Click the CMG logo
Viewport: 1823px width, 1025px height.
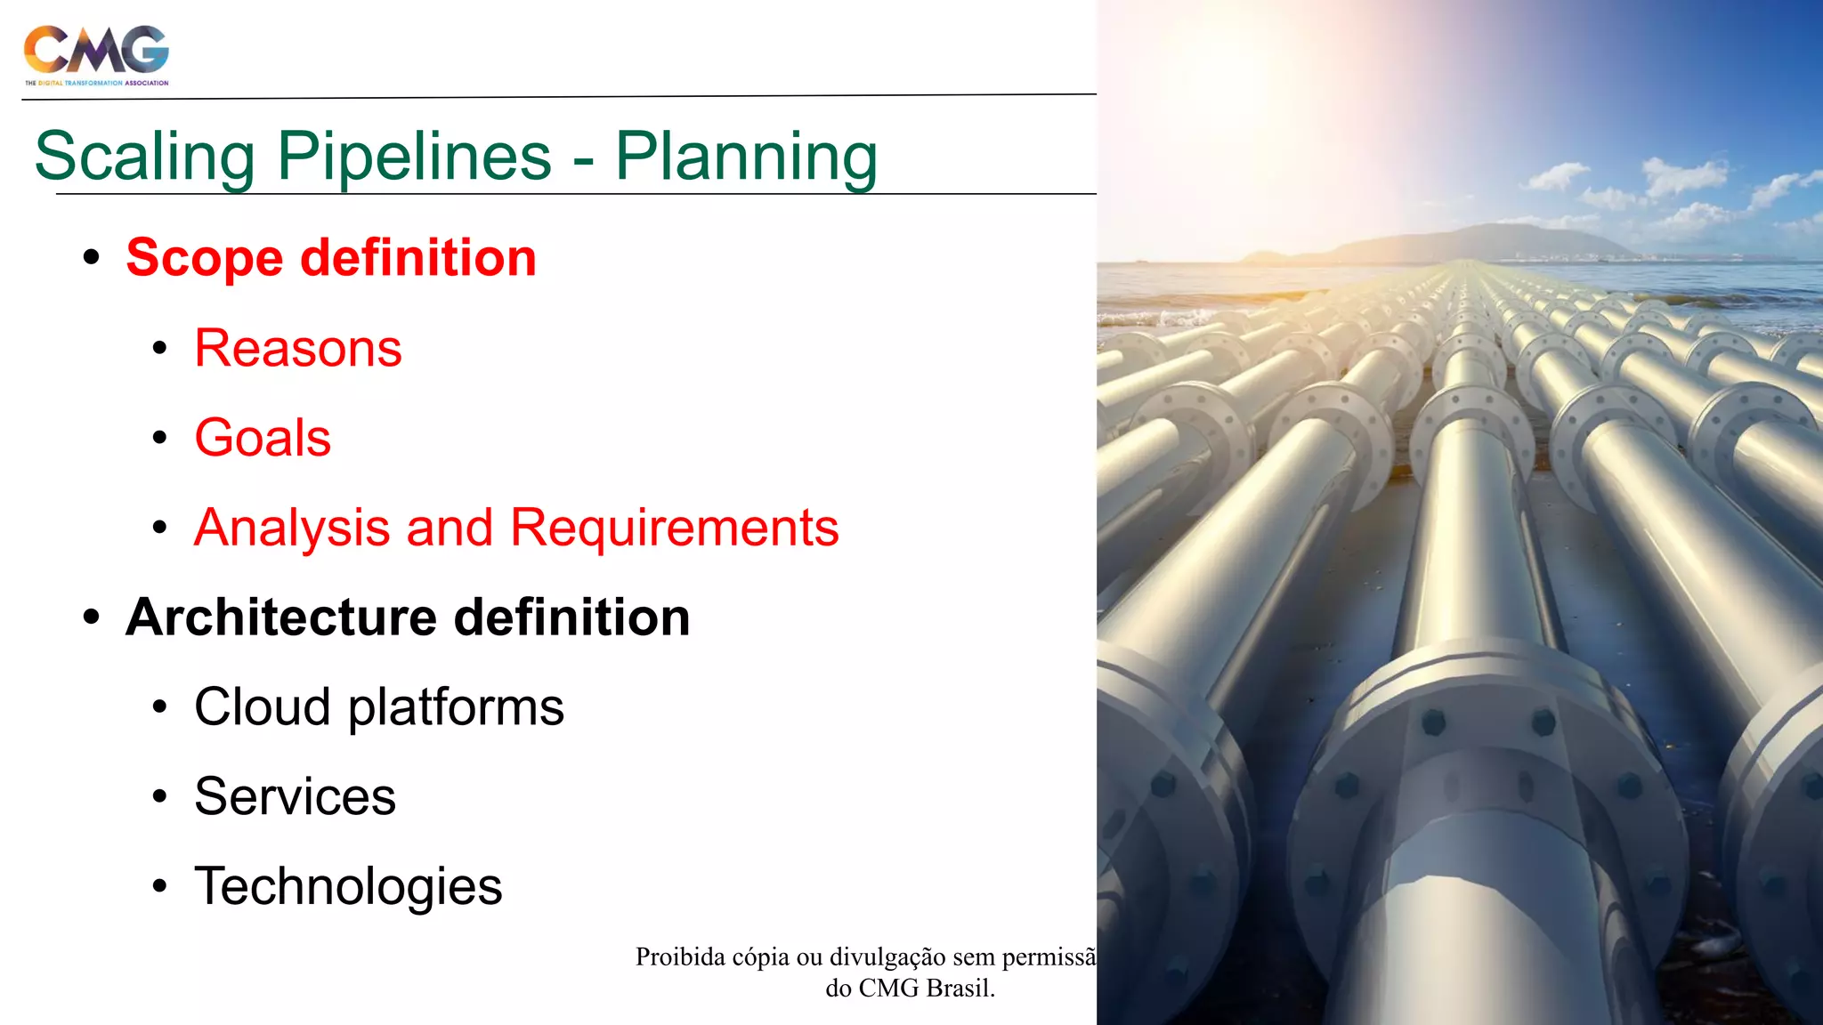96,53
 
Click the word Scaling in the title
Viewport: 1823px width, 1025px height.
145,157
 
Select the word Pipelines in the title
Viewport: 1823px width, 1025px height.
414,157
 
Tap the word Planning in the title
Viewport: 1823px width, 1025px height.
746,157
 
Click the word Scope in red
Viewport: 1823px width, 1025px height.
205,259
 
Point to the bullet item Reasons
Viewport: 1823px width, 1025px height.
298,348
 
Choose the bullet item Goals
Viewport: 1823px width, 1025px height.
263,438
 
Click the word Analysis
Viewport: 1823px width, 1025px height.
292,528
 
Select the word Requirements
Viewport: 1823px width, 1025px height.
674,528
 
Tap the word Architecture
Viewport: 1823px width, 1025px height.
281,617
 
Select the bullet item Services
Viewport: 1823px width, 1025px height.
295,796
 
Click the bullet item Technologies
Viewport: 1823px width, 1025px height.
348,887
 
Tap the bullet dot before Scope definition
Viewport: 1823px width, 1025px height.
91,258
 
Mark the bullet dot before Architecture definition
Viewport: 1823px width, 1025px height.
91,617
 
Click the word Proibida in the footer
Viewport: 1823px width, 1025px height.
680,957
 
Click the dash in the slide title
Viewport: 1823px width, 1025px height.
583,161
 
